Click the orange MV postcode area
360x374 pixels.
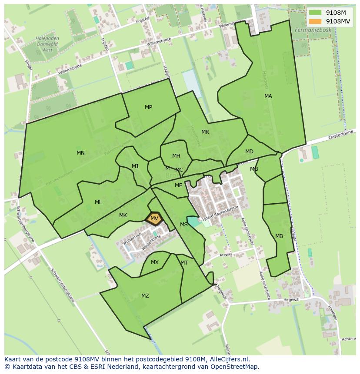click(154, 218)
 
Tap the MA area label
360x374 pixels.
click(268, 96)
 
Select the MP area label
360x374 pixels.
click(148, 107)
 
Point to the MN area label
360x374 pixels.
click(80, 153)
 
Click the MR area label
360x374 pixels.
click(205, 132)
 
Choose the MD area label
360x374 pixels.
click(249, 152)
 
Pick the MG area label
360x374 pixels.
click(254, 169)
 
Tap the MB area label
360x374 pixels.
click(279, 236)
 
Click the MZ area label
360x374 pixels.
click(145, 296)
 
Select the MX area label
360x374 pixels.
click(155, 262)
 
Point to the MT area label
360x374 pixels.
click(184, 263)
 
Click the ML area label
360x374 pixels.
click(98, 202)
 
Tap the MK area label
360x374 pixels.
click(123, 215)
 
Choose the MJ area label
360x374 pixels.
click(135, 166)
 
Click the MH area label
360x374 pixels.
click(176, 156)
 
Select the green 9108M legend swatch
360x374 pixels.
click(315, 13)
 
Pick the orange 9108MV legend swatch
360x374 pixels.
click(315, 21)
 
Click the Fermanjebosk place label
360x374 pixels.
click(313, 30)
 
